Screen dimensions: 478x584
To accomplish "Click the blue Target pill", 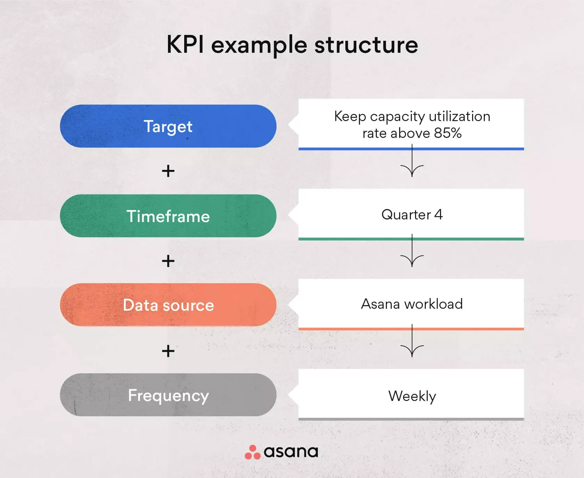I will tap(168, 126).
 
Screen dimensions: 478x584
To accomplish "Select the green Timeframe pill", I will tap(168, 216).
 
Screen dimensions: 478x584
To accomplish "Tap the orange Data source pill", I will tap(168, 305).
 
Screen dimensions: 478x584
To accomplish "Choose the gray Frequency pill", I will tap(168, 395).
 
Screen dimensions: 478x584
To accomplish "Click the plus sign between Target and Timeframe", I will tap(168, 171).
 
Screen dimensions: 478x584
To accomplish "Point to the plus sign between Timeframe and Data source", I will tap(168, 261).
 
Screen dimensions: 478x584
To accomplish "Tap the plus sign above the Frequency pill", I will tap(168, 351).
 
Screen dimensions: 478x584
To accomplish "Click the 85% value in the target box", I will tap(448, 133).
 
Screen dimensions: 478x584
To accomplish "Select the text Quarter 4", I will tap(412, 215).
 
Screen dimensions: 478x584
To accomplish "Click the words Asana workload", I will tap(412, 304).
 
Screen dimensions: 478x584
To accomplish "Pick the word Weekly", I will tap(412, 396).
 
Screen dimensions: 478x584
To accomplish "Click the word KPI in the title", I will tap(185, 44).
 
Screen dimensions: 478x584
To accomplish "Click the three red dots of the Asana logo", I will tap(252, 452).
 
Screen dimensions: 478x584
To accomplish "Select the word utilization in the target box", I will tap(459, 116).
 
